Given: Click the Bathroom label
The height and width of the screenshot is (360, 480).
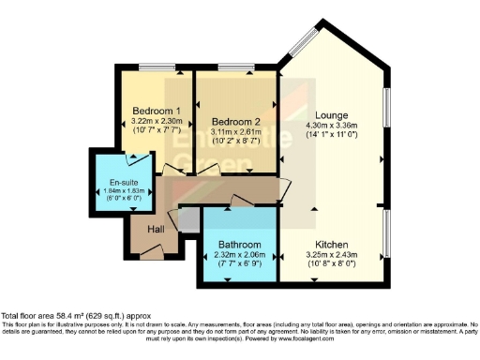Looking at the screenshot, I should [239, 245].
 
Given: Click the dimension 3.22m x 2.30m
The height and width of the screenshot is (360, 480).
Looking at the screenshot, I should [156, 121].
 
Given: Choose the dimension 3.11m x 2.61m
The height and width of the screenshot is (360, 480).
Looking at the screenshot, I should [236, 132].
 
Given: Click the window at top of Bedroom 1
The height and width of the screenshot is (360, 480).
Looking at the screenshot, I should [155, 68].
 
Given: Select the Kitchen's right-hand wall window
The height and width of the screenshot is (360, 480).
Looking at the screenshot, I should [386, 234].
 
